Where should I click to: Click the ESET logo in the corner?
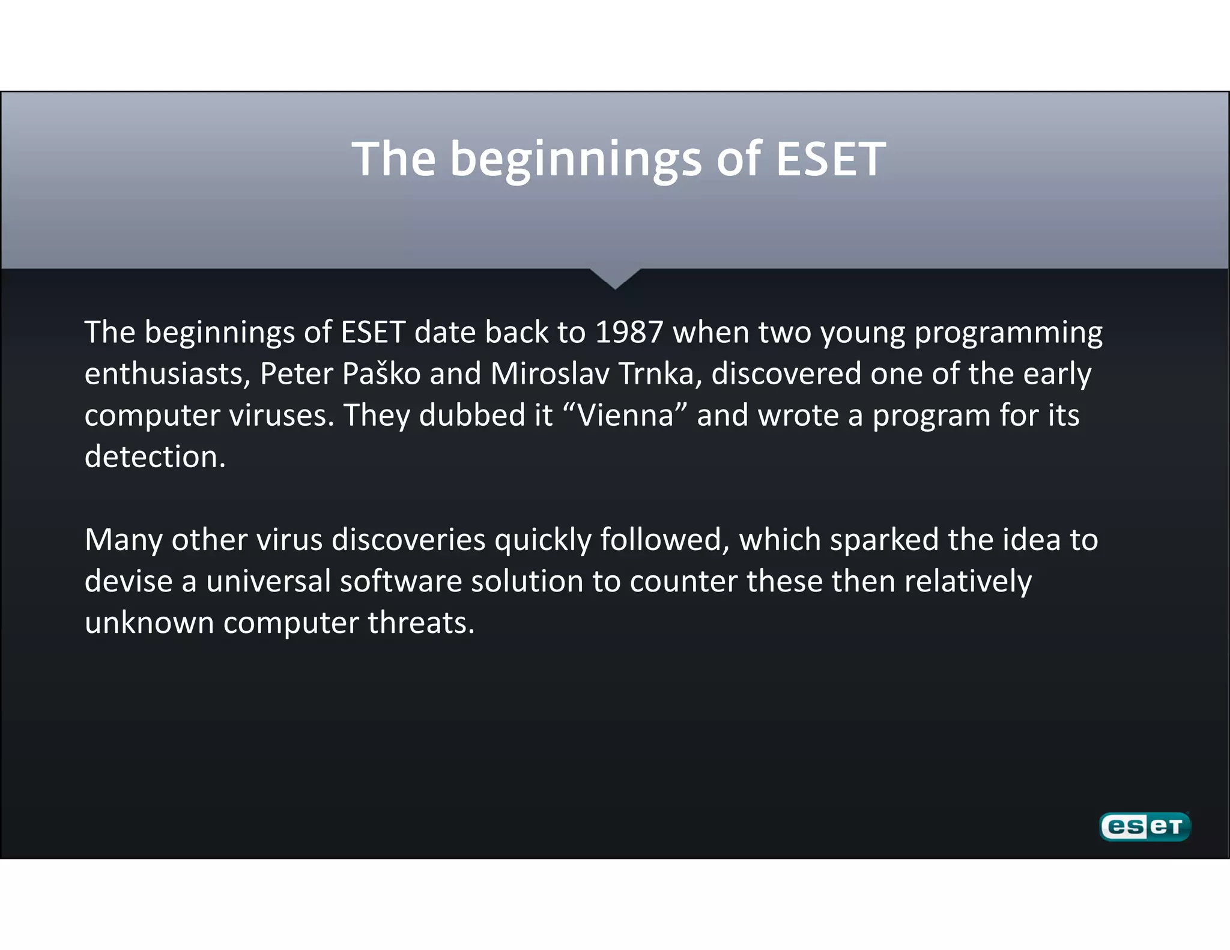pos(1145,827)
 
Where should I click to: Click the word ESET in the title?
pos(831,159)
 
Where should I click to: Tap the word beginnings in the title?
pos(575,159)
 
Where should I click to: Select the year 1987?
pos(629,333)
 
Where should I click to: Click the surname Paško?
pos(381,374)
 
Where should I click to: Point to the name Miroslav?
pos(550,374)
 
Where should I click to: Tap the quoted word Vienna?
pos(626,416)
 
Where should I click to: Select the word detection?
pos(155,457)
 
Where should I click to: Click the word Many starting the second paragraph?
pos(123,540)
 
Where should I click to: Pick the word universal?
pos(268,581)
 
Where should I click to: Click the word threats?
pos(421,623)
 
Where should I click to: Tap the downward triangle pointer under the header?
pos(615,277)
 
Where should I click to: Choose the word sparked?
pos(884,540)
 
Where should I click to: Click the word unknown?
pos(150,623)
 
